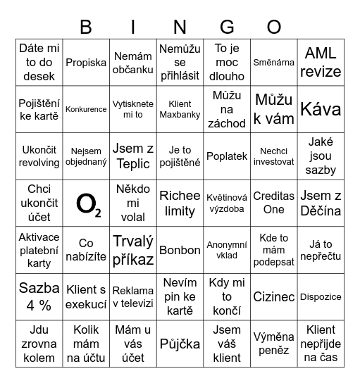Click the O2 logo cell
tap(86, 203)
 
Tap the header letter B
tap(86, 27)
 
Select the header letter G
tap(227, 27)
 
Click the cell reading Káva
tap(321, 109)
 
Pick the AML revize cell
tap(321, 62)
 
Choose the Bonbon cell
tap(180, 250)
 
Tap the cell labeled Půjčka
tap(180, 344)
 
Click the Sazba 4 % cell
tap(39, 297)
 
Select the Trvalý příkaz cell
tap(133, 250)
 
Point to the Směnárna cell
tap(273, 62)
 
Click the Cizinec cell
tap(273, 297)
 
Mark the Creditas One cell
tap(273, 203)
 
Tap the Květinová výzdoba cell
tap(227, 203)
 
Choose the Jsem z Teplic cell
tap(133, 156)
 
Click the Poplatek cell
tap(227, 156)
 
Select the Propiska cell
tap(86, 62)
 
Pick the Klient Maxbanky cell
tap(180, 109)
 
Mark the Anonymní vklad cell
tap(227, 250)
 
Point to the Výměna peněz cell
tap(273, 344)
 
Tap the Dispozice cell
tap(321, 297)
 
